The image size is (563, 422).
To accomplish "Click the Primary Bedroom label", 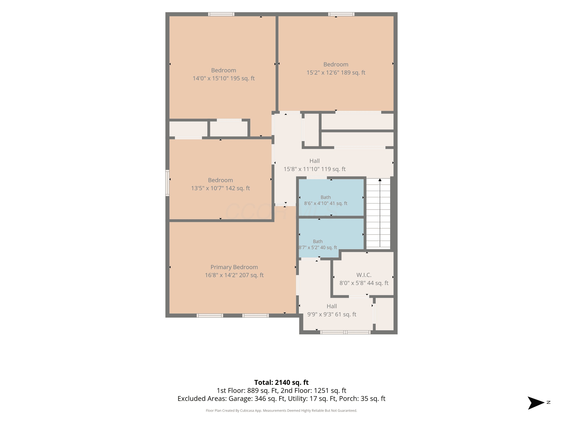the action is coord(234,267).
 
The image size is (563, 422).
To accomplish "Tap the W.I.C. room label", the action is coord(364,275).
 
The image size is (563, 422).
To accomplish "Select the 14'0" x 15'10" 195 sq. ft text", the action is coord(224,78).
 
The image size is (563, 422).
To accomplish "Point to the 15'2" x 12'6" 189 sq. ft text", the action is coord(336,73).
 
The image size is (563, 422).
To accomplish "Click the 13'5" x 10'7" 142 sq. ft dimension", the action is coord(221,188).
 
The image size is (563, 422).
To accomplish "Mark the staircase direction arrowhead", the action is coord(380,180).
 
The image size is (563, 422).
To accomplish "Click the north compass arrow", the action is coord(536,403).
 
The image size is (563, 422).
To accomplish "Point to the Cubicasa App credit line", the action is coord(281,410).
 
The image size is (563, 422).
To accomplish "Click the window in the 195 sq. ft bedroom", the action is coord(221,14).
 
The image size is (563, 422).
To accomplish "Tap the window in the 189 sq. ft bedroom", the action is coord(341,14).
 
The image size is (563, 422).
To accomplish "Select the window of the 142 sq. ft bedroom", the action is coord(167,183).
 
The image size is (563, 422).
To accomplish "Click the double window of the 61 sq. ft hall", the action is coord(345,332).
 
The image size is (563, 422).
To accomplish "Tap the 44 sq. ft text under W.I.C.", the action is coord(377,283).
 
